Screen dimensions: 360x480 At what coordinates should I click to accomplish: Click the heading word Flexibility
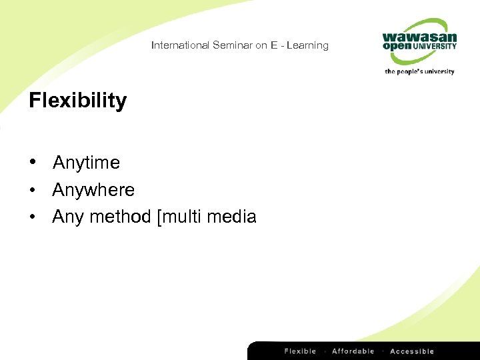click(77, 101)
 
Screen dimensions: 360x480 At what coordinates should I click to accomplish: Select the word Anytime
click(86, 163)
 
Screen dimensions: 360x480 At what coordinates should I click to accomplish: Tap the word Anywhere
click(93, 190)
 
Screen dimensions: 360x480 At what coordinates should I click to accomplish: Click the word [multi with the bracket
click(179, 217)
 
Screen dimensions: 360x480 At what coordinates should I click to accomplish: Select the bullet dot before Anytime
click(33, 163)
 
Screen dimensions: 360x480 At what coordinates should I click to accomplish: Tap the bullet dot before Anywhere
click(33, 190)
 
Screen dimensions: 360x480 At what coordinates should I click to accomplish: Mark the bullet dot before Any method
click(33, 217)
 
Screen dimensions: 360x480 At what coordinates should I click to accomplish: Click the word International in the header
click(180, 45)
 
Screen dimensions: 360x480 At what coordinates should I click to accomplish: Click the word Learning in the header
click(307, 45)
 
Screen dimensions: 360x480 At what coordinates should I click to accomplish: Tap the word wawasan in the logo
click(419, 37)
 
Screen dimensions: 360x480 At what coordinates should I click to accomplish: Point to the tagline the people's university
click(419, 71)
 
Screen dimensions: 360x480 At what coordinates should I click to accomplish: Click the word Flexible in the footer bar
click(300, 351)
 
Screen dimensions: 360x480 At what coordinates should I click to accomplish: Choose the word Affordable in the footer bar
click(353, 351)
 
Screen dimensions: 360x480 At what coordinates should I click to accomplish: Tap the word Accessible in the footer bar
click(411, 351)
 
